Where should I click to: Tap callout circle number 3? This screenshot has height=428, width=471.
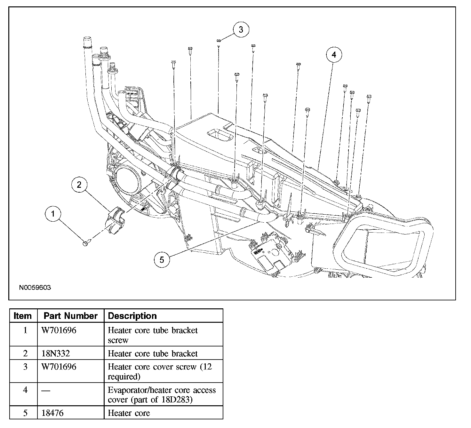click(x=241, y=30)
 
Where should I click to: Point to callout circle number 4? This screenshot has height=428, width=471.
click(x=334, y=55)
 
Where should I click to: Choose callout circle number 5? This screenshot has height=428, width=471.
click(x=162, y=259)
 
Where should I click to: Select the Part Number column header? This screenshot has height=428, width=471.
click(x=70, y=316)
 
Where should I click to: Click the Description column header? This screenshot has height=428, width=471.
click(x=132, y=316)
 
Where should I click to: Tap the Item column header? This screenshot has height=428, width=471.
click(x=23, y=316)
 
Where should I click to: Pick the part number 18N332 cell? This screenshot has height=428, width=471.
click(x=56, y=353)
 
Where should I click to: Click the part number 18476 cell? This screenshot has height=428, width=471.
click(x=53, y=413)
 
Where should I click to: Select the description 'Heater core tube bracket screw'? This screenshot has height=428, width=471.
click(x=153, y=335)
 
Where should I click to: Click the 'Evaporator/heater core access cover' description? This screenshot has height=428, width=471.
click(x=162, y=395)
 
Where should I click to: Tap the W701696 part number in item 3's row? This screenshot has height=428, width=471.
click(x=59, y=367)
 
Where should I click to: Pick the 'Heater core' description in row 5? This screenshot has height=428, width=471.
click(x=129, y=413)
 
